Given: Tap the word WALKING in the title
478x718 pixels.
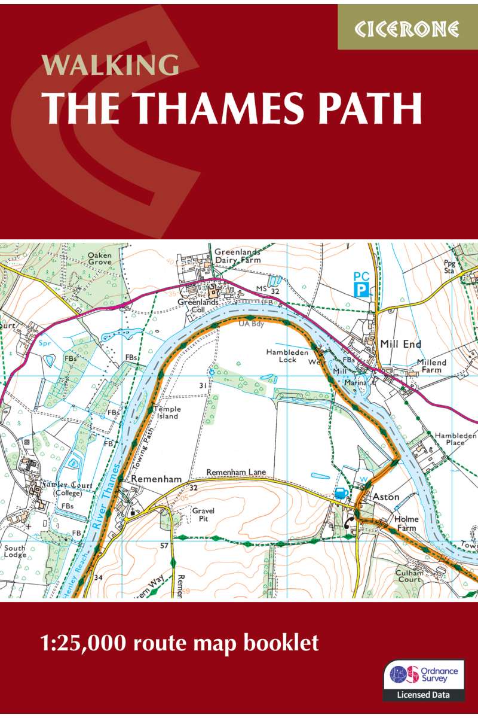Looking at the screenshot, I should click(x=111, y=65).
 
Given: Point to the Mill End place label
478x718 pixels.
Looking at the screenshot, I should click(x=401, y=344).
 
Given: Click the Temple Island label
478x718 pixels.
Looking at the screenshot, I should click(x=167, y=413).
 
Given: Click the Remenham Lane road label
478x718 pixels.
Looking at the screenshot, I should click(x=236, y=473).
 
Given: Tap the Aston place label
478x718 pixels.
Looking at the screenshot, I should click(x=387, y=497).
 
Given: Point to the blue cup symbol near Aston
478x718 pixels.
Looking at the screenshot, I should click(x=341, y=492).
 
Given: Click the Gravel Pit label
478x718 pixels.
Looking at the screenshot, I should click(x=203, y=515).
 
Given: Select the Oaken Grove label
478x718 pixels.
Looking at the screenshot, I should click(x=100, y=258).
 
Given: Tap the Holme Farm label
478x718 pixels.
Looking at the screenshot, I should click(x=406, y=523).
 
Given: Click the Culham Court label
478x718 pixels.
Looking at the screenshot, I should click(x=410, y=576).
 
